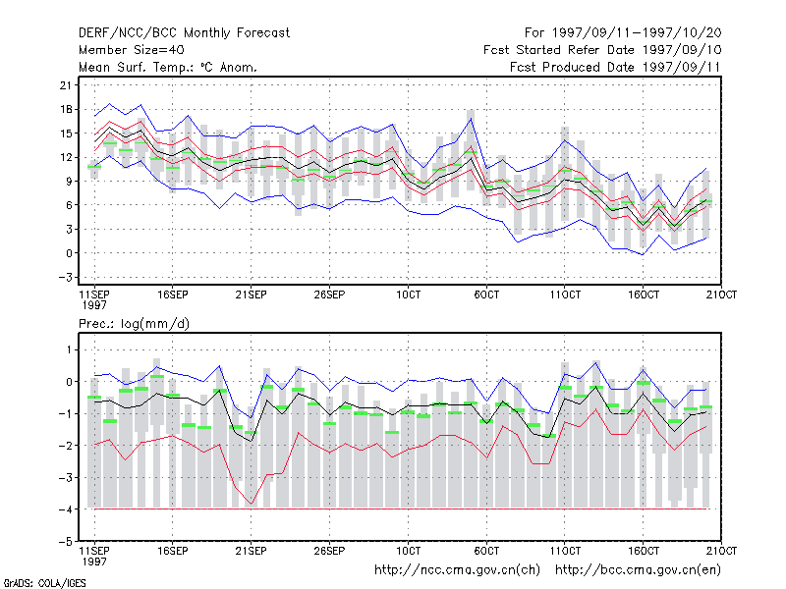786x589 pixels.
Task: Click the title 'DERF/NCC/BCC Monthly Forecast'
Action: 184,33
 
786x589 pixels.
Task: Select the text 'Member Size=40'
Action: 132,50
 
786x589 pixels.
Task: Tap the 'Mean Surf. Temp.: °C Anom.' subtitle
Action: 167,67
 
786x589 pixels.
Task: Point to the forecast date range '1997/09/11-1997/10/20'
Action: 637,33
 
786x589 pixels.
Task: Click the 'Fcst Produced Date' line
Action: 615,67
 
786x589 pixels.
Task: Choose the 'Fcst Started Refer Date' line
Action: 602,50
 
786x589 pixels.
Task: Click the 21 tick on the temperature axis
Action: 66,85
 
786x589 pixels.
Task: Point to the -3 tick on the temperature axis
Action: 66,277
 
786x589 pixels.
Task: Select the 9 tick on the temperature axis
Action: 69,181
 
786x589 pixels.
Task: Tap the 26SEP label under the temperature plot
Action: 329,294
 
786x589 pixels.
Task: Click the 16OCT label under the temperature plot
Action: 644,294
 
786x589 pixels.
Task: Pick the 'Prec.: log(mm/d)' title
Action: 134,324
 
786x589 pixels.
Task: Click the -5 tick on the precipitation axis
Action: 66,542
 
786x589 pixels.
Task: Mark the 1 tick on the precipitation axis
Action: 69,349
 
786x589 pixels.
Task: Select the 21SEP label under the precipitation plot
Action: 252,551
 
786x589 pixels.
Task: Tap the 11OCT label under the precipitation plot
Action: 565,551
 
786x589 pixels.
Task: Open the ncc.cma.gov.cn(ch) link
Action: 457,570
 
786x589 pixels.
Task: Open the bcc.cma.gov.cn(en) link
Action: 638,570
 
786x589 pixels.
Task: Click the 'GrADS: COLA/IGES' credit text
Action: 44,583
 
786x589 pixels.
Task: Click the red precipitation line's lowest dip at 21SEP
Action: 252,504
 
